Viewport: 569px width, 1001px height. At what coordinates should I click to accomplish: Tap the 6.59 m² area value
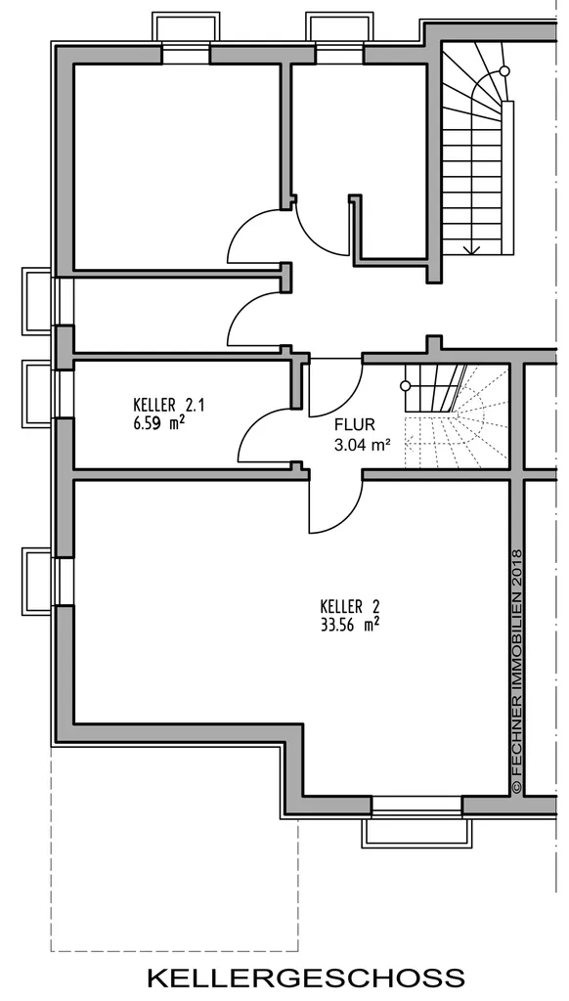click(159, 422)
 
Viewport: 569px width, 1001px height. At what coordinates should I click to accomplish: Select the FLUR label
click(355, 425)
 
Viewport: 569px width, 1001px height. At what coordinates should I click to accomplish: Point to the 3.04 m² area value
click(362, 445)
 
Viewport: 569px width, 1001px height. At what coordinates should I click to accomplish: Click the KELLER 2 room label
click(345, 605)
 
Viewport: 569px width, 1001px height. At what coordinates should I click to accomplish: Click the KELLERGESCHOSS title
click(306, 977)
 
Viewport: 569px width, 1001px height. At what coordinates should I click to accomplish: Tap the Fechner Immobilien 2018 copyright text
click(517, 672)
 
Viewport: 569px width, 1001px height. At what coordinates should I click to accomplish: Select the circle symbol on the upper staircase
click(504, 70)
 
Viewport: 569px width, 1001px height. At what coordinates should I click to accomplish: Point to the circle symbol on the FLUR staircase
click(405, 385)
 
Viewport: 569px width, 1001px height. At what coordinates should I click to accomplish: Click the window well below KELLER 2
click(417, 833)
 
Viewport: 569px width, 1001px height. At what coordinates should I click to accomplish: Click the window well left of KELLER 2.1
click(36, 393)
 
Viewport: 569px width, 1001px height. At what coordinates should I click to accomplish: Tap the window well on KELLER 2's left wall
click(36, 581)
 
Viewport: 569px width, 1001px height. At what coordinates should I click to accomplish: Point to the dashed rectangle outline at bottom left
click(174, 951)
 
